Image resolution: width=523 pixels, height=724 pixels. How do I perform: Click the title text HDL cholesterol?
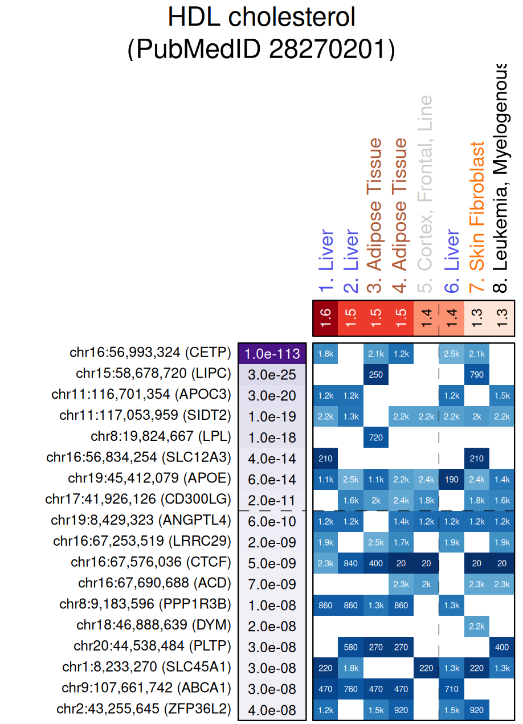coord(261,18)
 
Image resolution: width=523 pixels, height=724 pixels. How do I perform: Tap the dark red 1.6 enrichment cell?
coord(325,318)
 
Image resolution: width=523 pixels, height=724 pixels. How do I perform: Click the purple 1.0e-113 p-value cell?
coord(272,354)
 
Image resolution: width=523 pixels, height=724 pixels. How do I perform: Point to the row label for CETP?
coord(150,353)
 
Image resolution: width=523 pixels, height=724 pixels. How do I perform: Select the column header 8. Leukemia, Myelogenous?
coord(501,177)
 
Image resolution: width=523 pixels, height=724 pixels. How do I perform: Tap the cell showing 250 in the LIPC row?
coord(376,375)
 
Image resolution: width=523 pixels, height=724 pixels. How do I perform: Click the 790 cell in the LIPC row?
coord(477,375)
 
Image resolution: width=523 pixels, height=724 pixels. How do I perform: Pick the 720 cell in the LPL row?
coord(376,437)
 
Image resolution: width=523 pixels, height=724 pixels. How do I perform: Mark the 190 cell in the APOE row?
coord(452,480)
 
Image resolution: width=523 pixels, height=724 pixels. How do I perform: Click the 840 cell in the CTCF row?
coord(351,563)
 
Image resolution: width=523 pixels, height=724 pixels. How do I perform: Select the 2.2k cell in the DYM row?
coord(477,626)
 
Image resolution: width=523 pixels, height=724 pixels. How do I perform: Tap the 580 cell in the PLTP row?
coord(351,647)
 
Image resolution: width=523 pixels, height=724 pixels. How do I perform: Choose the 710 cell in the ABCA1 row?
coord(452,689)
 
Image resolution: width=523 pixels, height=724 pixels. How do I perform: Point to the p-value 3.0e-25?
coord(272,375)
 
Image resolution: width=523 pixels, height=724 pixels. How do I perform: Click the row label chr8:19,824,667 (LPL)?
coord(161,437)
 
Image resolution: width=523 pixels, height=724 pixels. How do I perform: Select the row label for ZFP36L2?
coord(144,710)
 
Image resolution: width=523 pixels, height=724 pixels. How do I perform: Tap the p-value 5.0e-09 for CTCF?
coord(272,563)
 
